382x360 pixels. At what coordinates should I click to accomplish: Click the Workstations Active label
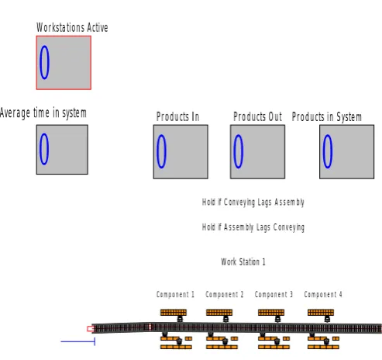[x=72, y=27]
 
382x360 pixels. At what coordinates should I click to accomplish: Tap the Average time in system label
[x=43, y=113]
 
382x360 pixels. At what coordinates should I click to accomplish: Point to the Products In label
[x=177, y=116]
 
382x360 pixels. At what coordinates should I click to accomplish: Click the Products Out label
[x=257, y=116]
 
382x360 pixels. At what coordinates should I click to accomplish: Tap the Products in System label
[x=327, y=117]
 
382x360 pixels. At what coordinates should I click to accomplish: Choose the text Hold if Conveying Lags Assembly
[x=253, y=202]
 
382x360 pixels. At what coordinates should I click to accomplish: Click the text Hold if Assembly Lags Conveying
[x=253, y=227]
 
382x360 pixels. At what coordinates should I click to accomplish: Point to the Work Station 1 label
[x=243, y=261]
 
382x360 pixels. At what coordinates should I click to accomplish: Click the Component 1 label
[x=175, y=295]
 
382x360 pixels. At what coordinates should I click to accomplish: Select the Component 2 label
[x=225, y=295]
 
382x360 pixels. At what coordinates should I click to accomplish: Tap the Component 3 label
[x=274, y=295]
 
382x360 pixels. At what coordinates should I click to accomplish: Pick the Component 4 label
[x=323, y=295]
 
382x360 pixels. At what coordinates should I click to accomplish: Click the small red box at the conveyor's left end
[x=91, y=329]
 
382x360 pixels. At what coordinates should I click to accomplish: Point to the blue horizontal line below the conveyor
[x=77, y=341]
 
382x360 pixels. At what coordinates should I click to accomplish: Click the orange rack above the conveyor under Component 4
[x=321, y=313]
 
